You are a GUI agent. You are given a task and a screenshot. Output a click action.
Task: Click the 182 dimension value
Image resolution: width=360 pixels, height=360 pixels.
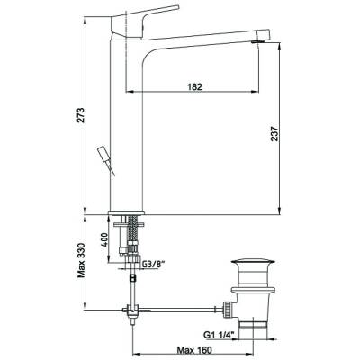(194, 86)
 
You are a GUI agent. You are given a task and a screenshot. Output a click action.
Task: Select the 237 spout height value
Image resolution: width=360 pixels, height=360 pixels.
(274, 134)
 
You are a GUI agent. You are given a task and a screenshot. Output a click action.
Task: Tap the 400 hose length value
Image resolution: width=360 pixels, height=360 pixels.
(104, 239)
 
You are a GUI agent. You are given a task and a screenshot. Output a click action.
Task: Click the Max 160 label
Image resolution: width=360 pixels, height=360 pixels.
(194, 350)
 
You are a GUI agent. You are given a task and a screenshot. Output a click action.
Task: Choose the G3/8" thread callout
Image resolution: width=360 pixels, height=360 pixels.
(153, 265)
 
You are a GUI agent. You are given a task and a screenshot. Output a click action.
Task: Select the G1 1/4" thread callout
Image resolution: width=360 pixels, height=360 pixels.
(219, 335)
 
